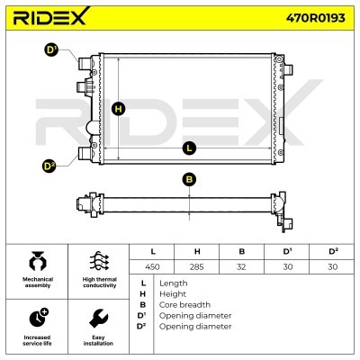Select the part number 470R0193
coord(315,18)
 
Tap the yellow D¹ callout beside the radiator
coord(51,50)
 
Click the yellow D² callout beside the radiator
coord(49,166)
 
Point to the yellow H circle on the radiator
coord(119,109)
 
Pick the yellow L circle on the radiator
coord(189,148)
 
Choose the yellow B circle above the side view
coord(189,179)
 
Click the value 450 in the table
coord(152,266)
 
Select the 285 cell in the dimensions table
coord(197,266)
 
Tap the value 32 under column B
coord(241,266)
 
